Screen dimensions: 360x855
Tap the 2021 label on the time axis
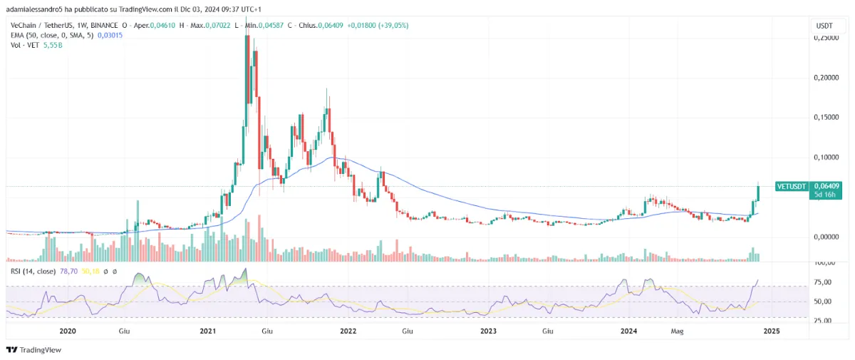[207, 331]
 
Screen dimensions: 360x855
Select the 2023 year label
[488, 331]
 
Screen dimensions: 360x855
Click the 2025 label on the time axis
[771, 331]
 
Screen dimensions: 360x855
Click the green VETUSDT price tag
[791, 186]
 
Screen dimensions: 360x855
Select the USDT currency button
[824, 26]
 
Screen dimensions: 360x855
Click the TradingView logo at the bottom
[33, 350]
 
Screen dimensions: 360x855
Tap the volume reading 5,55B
[52, 45]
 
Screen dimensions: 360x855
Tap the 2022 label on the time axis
[348, 331]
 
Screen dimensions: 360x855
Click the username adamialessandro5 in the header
[36, 9]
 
